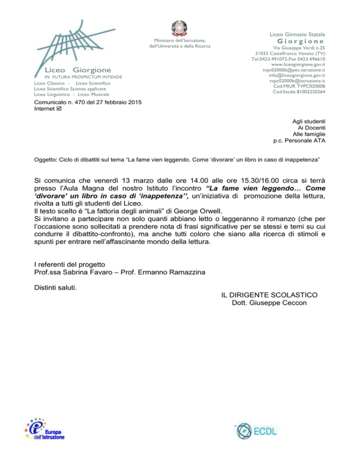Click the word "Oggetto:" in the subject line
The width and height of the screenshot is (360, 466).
[x=47, y=160]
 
